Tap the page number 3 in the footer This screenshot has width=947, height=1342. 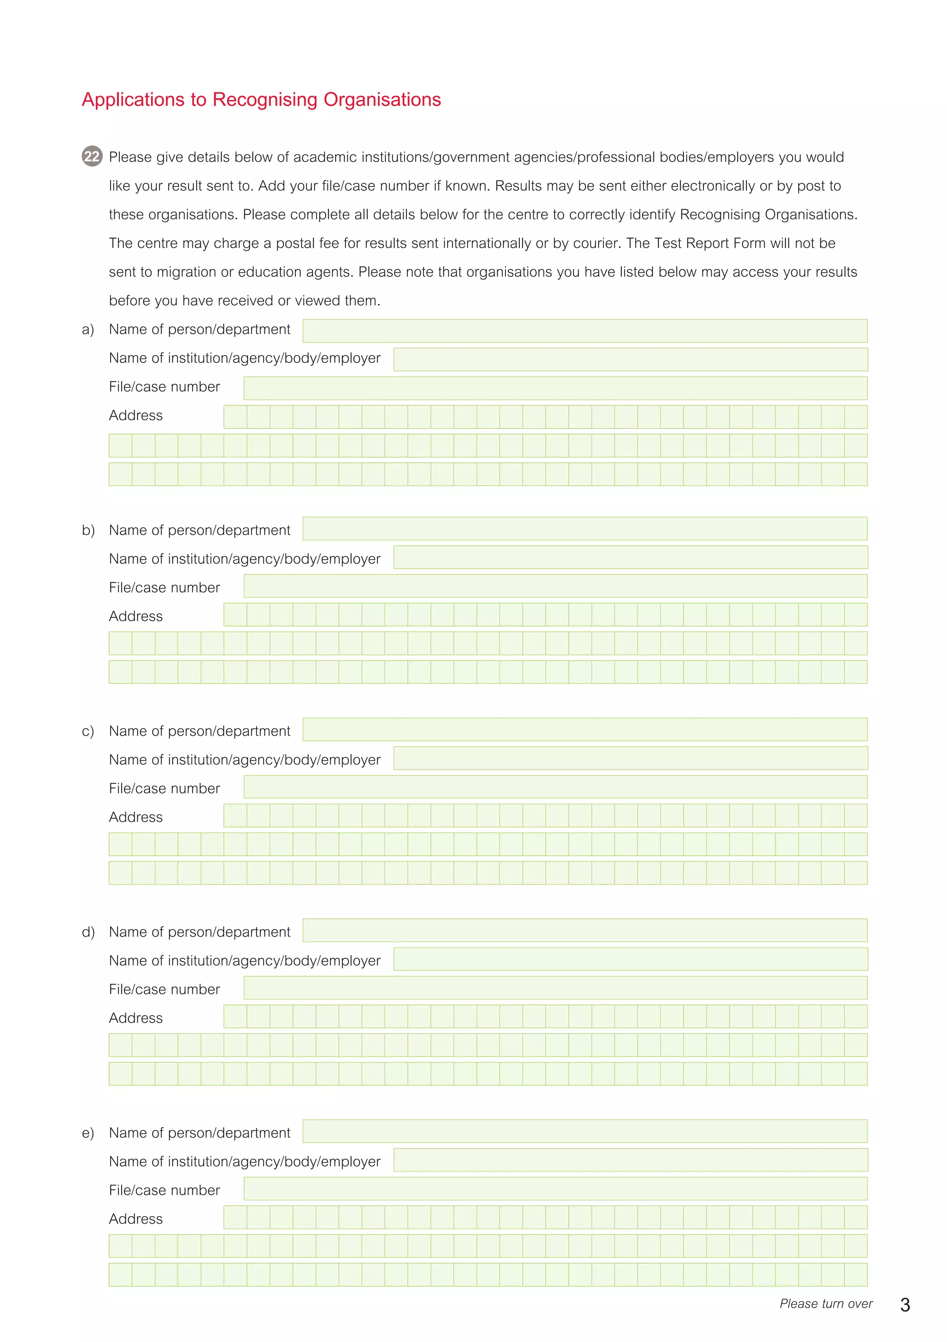[x=904, y=1305]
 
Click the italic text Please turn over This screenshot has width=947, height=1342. [x=825, y=1304]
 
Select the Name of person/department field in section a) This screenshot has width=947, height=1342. [x=584, y=331]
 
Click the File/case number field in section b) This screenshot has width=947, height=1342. [x=555, y=586]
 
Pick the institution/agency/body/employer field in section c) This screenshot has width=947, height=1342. [x=630, y=758]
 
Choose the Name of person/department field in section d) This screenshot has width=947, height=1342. [x=584, y=931]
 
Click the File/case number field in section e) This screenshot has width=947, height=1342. [x=555, y=1189]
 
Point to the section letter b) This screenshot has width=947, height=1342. [x=88, y=530]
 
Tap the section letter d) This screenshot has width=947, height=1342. [x=88, y=932]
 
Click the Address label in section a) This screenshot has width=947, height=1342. [x=135, y=416]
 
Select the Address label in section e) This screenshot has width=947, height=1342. [x=135, y=1218]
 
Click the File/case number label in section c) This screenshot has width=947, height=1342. [x=164, y=789]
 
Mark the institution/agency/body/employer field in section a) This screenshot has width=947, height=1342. [x=630, y=360]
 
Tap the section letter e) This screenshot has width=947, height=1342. [x=88, y=1133]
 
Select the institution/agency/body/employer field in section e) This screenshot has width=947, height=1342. [x=630, y=1160]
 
